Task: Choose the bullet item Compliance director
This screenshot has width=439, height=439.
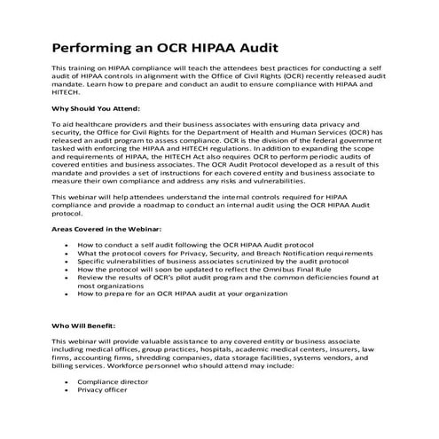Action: tap(114, 380)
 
